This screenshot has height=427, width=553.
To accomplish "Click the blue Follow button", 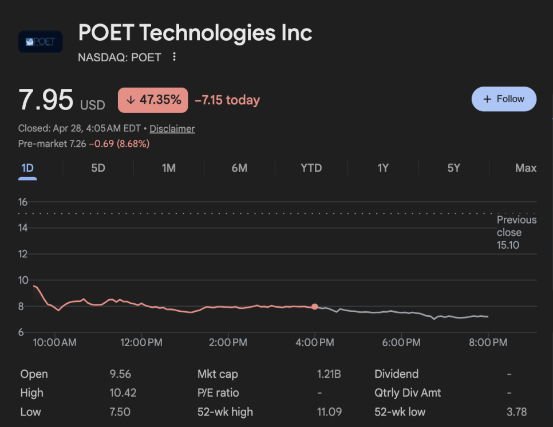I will coord(504,99).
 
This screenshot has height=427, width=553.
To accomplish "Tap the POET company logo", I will coord(40,42).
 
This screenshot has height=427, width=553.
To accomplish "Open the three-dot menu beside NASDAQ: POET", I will coord(175,57).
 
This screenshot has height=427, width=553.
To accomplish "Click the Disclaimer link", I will coord(172,129).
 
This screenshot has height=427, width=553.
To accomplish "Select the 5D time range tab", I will coord(98,168).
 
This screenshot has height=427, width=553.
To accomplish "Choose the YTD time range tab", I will coord(311,168).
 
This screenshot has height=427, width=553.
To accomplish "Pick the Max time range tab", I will coord(526,168).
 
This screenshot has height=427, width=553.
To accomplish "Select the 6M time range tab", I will coord(239,168).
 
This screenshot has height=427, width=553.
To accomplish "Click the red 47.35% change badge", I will coord(153,100).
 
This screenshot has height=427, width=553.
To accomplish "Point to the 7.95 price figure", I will coord(46,100).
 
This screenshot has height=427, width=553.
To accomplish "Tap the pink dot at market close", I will coord(315,307).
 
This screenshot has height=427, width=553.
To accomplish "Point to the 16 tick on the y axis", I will coord(23,202).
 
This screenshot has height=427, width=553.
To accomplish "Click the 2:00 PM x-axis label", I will coord(228,343).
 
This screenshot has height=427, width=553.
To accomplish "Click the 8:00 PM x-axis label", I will coord(488,343).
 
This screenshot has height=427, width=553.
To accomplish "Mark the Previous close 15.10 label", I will coord(516,233).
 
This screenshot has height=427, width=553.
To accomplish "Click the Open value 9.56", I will coord(120,374).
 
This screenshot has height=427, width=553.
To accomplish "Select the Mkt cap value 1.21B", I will coord(329,374).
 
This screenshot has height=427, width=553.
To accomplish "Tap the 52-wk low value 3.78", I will coord(517,412).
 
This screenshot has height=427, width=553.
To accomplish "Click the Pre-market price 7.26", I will coord(77,144).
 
